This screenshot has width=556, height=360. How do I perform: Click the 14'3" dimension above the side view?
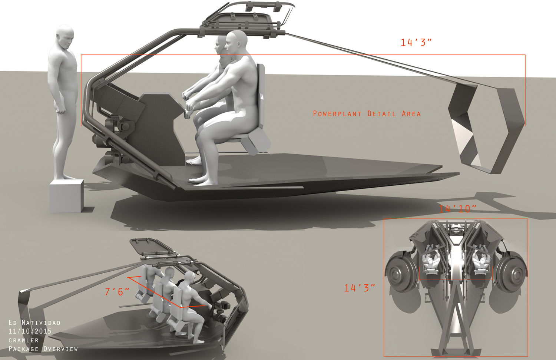click(416, 43)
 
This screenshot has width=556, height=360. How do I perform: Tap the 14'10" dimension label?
click(458, 209)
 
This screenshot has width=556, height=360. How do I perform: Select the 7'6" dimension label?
click(117, 291)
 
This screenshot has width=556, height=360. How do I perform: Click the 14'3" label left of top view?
click(360, 288)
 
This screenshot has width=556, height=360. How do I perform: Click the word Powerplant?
click(337, 114)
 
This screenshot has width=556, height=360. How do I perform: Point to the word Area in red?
click(411, 114)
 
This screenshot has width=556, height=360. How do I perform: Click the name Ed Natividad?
click(34, 323)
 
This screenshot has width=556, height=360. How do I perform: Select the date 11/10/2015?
click(30, 331)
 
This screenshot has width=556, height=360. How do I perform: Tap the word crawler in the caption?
click(24, 340)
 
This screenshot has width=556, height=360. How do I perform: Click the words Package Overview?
click(43, 349)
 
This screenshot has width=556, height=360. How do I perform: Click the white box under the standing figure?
click(66, 196)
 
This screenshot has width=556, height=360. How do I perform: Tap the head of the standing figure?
click(65, 37)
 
